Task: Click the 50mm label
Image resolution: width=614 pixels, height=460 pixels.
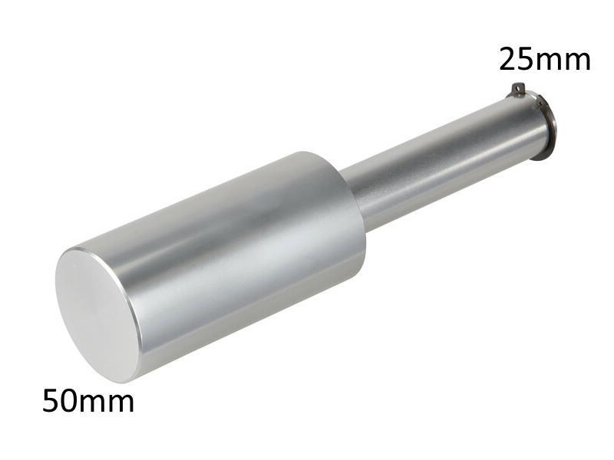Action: tap(88, 401)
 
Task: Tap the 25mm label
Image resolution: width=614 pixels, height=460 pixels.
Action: tap(545, 58)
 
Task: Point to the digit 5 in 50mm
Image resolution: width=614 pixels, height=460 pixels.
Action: tap(52, 401)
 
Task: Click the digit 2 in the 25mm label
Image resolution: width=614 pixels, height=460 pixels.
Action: tap(509, 58)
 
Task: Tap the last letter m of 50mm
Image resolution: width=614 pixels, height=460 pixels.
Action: tap(120, 403)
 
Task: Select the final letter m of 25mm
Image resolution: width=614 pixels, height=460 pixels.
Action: tap(577, 61)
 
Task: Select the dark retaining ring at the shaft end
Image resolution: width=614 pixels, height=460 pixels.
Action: tap(547, 127)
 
